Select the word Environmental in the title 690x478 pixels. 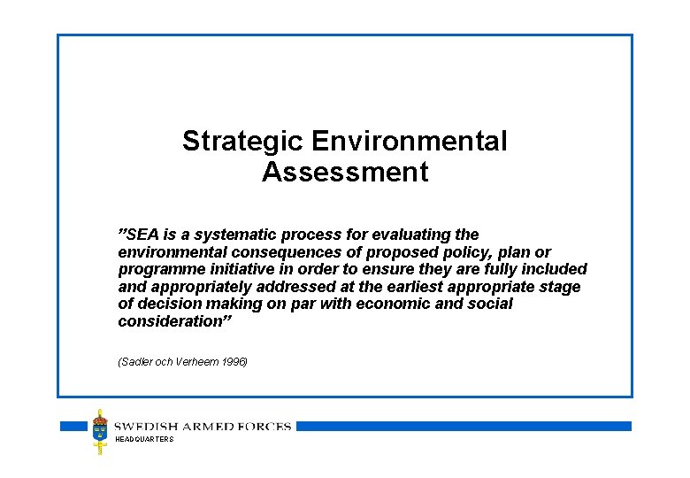click(x=410, y=141)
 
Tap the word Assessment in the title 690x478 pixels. click(x=345, y=172)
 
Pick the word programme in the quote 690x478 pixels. click(x=157, y=269)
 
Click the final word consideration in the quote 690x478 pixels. click(x=172, y=321)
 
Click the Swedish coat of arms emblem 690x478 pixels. click(x=102, y=430)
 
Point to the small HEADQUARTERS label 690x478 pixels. click(x=144, y=440)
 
